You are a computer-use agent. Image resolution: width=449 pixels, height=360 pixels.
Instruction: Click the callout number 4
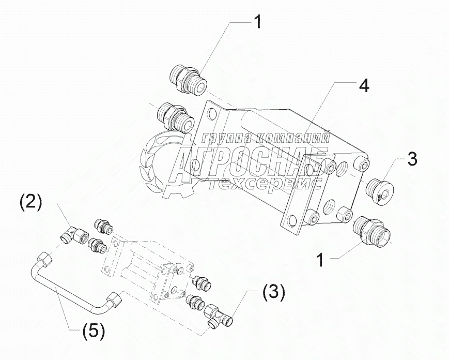coord(364,86)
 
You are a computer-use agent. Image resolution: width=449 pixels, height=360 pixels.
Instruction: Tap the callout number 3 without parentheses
coord(412,159)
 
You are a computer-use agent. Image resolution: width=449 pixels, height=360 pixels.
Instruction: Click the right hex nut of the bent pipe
coord(113,299)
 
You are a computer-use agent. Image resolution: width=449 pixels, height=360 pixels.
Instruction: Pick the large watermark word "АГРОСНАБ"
coord(251,161)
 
